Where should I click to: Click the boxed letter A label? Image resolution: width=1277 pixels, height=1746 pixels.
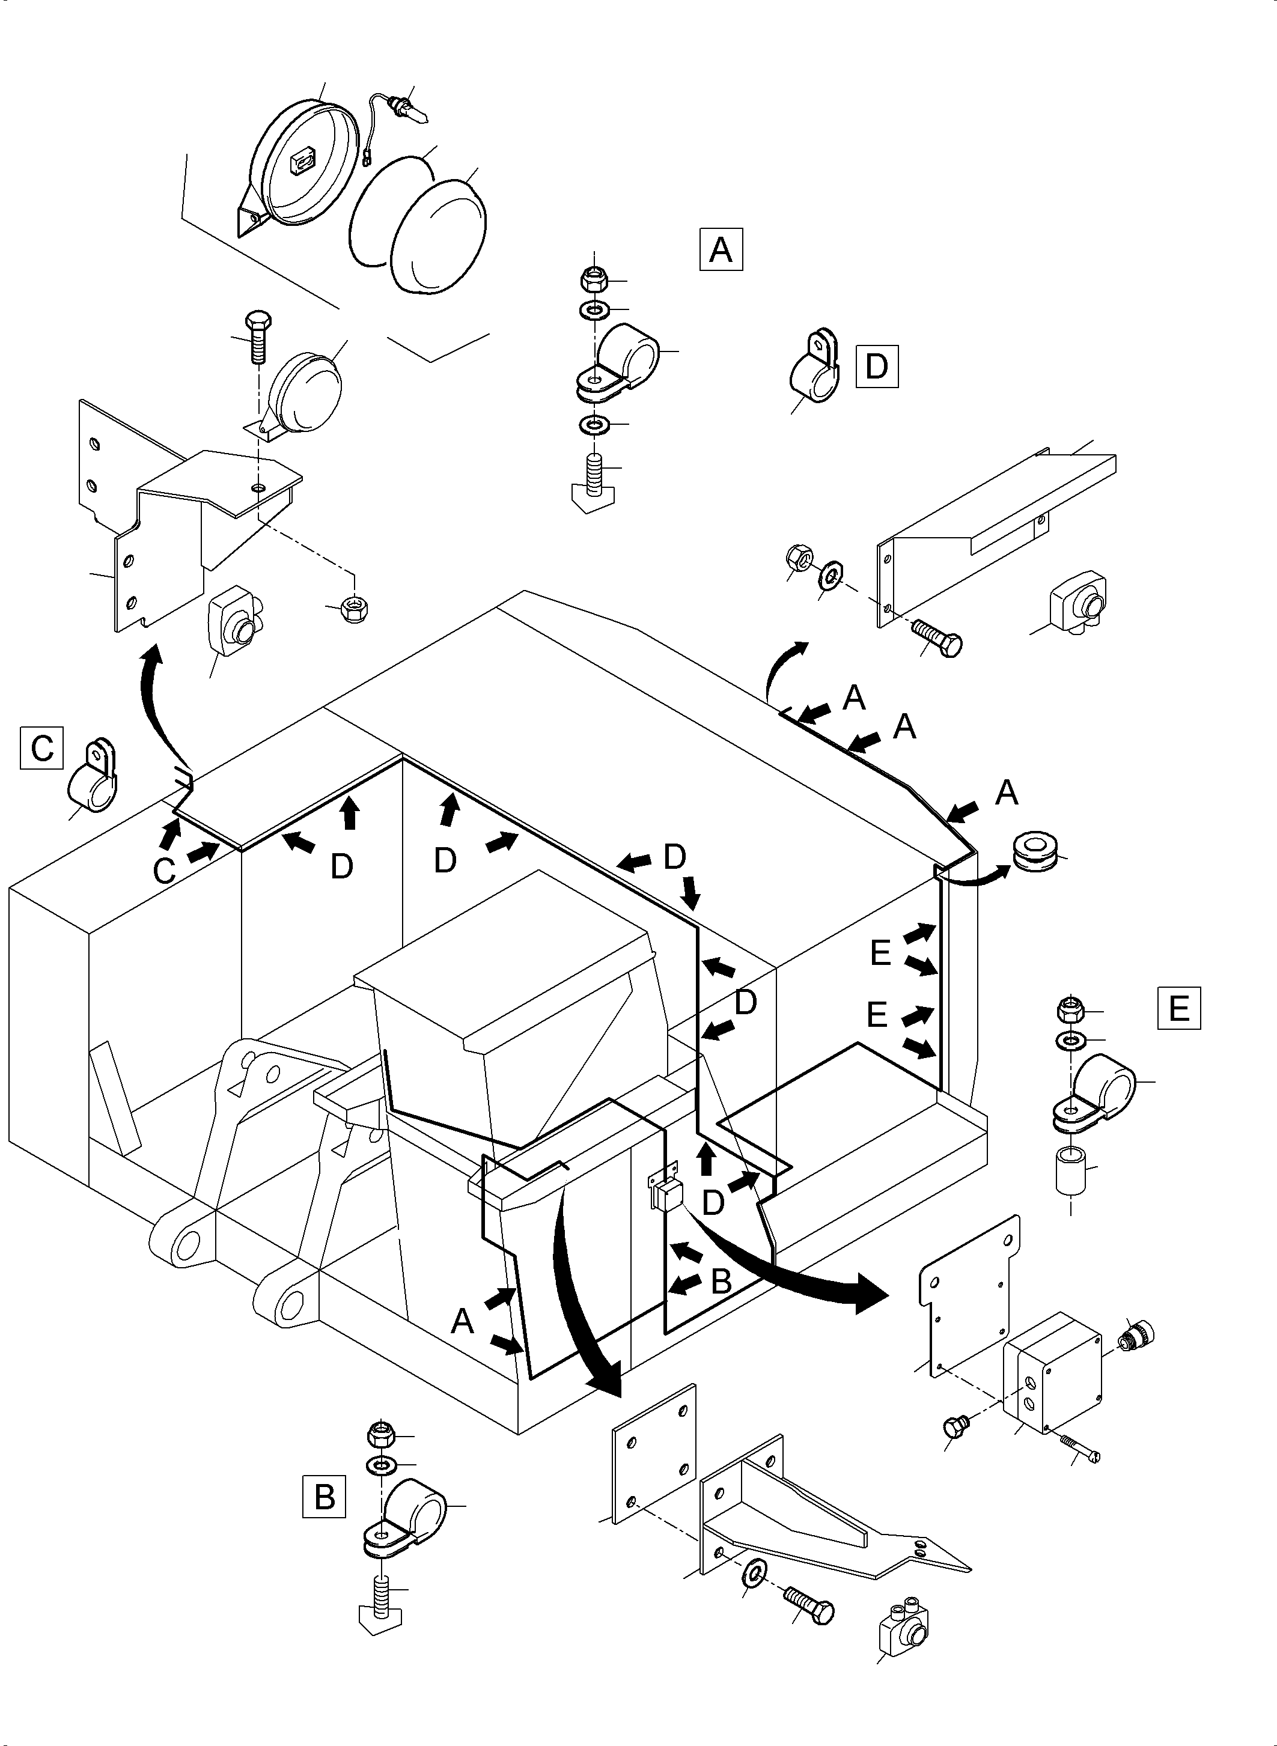point(721,249)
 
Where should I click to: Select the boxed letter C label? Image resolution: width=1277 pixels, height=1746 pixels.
point(41,747)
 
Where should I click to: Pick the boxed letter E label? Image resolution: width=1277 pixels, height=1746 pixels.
point(1178,1008)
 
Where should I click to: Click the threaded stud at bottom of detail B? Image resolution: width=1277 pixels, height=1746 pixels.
point(380,1596)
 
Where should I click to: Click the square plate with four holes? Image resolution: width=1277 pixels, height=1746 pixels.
point(654,1454)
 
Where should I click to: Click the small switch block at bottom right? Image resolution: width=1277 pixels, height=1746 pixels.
point(905,1629)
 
